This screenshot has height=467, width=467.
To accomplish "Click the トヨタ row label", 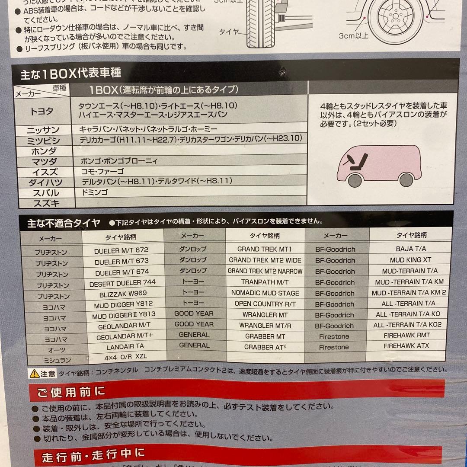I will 42,112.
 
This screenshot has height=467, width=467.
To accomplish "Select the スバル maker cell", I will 44,193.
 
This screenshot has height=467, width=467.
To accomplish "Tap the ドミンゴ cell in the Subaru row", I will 94,192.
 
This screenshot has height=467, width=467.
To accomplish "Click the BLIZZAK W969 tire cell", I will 123,293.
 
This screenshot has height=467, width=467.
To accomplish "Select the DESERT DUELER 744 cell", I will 122,282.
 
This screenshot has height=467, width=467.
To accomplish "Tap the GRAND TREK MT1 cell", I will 265,249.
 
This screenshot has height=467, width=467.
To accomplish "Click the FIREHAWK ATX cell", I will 406,346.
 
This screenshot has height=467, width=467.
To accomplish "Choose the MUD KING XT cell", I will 410,260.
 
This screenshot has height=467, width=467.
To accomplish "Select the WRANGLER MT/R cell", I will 265,326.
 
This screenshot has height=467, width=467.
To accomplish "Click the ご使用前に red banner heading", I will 71,392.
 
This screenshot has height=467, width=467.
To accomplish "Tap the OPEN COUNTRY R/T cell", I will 265,304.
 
